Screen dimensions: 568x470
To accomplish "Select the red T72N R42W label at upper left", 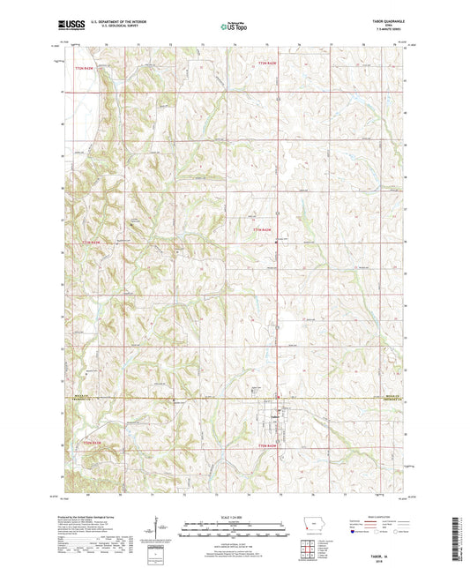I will tap(86, 66).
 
